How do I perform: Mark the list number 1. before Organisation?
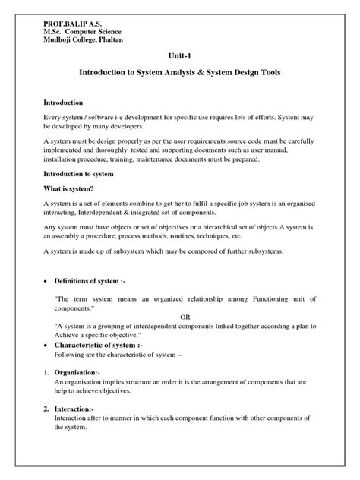click(46, 373)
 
